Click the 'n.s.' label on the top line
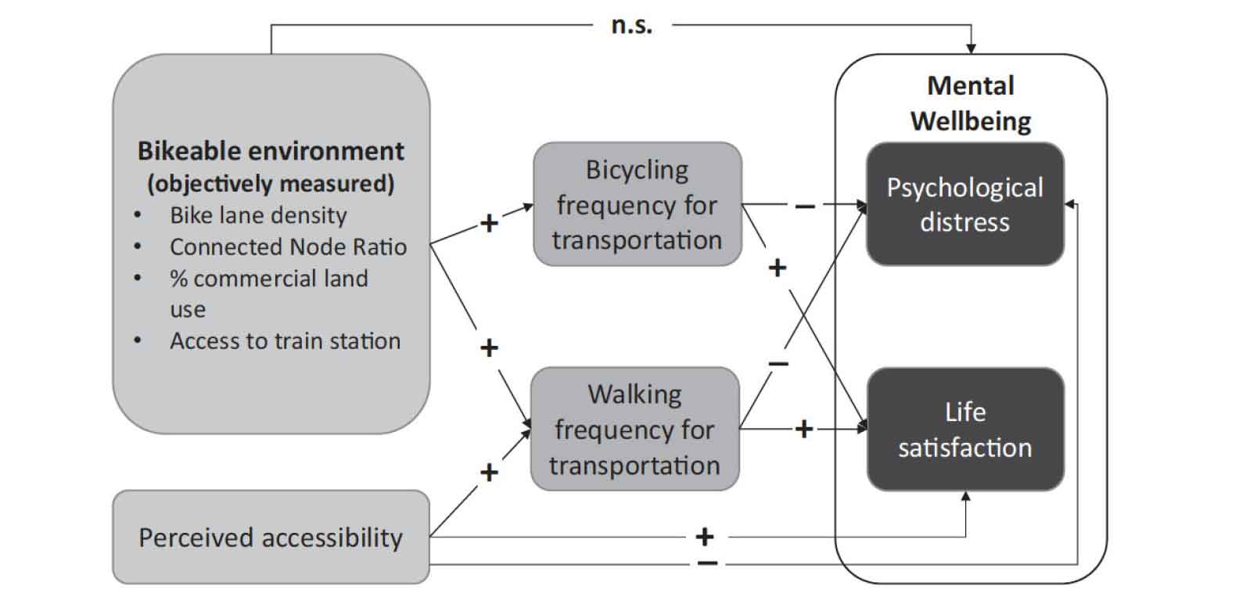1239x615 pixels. pos(631,25)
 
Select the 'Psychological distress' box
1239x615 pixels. pos(964,204)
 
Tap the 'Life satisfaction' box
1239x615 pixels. pos(964,430)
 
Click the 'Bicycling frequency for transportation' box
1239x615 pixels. pos(637,204)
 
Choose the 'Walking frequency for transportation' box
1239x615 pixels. pos(634,429)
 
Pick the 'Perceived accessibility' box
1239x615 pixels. pos(271,538)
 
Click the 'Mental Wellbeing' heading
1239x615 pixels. pos(971,102)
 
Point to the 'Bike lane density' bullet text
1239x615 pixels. pos(258,215)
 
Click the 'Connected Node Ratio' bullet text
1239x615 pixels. pos(288,246)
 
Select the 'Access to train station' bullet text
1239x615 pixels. pos(285,341)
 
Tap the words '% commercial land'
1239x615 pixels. pos(268,279)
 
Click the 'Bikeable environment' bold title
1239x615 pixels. pos(271,150)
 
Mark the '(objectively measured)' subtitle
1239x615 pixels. pos(271,183)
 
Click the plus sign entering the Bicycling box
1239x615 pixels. pos(489,224)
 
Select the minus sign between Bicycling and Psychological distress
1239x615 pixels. pos(804,206)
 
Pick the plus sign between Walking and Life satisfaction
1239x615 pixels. pos(803,429)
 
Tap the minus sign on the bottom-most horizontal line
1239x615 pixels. pos(706,563)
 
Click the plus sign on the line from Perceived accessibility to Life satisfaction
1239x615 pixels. pos(705,537)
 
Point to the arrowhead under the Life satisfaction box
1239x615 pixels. pos(966,496)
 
